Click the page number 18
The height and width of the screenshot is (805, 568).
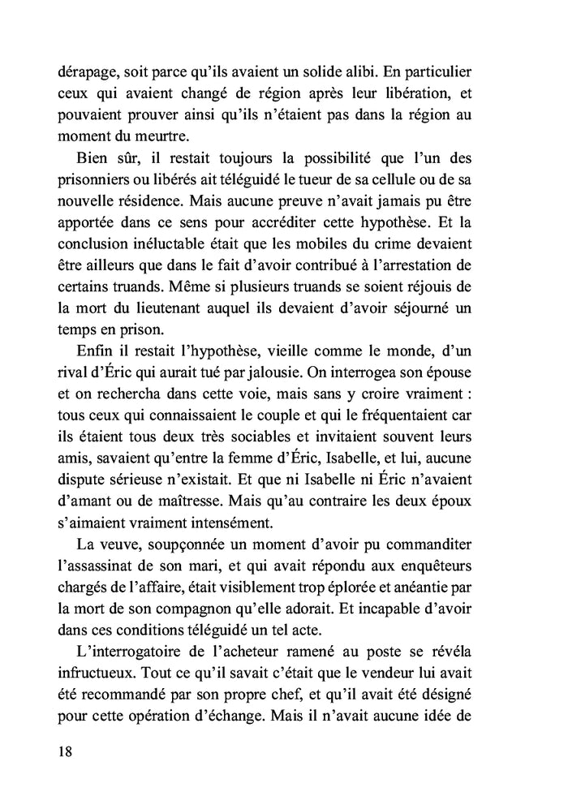pos(66,751)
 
